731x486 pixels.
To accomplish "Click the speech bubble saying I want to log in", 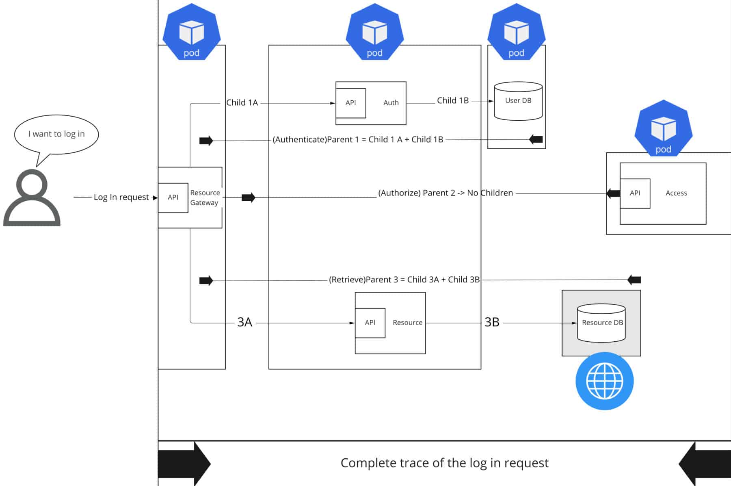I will click(x=56, y=134).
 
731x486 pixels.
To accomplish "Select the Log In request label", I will click(x=121, y=197).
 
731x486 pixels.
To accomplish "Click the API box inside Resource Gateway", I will click(x=173, y=197).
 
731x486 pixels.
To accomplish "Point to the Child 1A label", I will click(x=242, y=103).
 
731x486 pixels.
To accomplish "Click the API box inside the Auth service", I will click(x=351, y=103).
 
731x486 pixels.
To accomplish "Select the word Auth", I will click(x=391, y=103).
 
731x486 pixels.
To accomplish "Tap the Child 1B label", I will click(x=453, y=101).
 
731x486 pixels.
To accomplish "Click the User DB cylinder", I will click(x=518, y=101).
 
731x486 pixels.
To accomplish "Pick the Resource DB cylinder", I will click(x=601, y=323).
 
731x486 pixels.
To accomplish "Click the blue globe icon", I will click(x=605, y=381).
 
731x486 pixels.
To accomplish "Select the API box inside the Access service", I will click(x=635, y=193).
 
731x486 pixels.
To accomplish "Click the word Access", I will click(x=676, y=193).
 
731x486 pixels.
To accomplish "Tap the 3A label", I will click(x=245, y=322).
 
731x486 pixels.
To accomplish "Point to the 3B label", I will click(x=492, y=322).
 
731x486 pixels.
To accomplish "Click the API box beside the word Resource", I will click(x=370, y=323).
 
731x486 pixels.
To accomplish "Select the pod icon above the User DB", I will click(x=516, y=33).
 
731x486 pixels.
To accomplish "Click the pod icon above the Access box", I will click(x=663, y=128).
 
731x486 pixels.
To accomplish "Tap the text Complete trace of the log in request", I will click(x=444, y=463).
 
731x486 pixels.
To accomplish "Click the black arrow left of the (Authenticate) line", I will click(x=206, y=141).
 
